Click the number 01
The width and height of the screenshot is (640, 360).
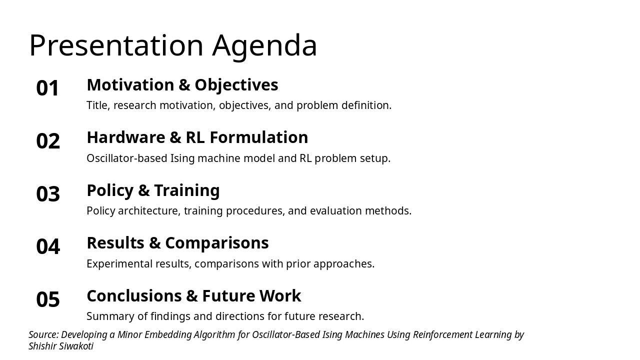(48, 88)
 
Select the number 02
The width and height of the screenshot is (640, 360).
(48, 141)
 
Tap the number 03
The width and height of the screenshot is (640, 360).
(48, 194)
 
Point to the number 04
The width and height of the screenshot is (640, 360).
(48, 247)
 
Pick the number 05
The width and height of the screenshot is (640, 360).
(48, 300)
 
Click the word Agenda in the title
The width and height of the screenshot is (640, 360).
(264, 46)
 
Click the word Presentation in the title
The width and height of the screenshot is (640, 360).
(116, 46)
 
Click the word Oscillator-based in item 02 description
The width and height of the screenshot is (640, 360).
(126, 158)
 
